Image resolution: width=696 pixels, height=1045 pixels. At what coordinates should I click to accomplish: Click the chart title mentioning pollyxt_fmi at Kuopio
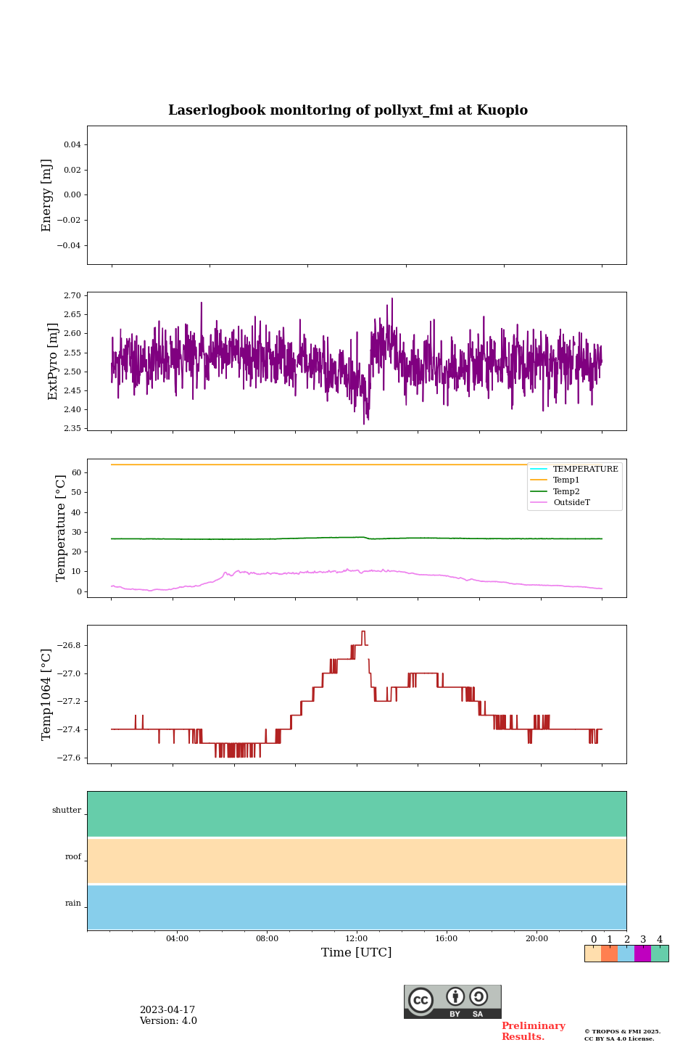[x=348, y=110]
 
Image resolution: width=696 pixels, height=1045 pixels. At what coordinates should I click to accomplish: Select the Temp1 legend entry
[x=566, y=480]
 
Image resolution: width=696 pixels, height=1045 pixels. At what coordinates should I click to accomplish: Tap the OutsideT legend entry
[x=571, y=503]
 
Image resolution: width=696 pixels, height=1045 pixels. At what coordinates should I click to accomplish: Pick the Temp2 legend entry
[x=566, y=491]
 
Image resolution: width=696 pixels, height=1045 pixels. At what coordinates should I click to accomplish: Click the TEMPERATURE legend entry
[x=585, y=470]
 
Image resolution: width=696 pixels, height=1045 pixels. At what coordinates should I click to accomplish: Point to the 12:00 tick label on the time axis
[x=357, y=939]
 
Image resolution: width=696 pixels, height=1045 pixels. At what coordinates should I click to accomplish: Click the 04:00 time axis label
[x=177, y=939]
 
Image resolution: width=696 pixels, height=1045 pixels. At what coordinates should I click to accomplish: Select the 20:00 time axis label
[x=536, y=939]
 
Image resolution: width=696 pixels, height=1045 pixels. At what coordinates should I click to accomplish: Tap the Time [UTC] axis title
[x=357, y=953]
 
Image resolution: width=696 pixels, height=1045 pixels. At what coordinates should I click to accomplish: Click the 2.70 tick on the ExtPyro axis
[x=72, y=296]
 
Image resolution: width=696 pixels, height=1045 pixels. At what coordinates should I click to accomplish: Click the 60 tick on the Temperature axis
[x=75, y=472]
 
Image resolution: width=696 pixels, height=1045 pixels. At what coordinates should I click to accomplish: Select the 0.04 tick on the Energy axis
[x=72, y=145]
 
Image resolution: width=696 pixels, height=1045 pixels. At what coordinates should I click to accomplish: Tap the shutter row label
[x=67, y=811]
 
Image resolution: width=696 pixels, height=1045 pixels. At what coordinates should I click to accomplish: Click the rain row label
[x=73, y=903]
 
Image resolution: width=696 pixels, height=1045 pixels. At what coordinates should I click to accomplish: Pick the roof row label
[x=73, y=857]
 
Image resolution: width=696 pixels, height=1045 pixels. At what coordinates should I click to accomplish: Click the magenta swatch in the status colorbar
[x=642, y=954]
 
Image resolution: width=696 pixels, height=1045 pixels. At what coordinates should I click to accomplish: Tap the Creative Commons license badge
[x=452, y=1001]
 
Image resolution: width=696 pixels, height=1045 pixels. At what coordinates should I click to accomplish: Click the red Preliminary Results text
[x=533, y=1031]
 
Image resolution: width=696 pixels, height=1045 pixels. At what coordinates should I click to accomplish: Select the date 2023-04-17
[x=167, y=1010]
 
